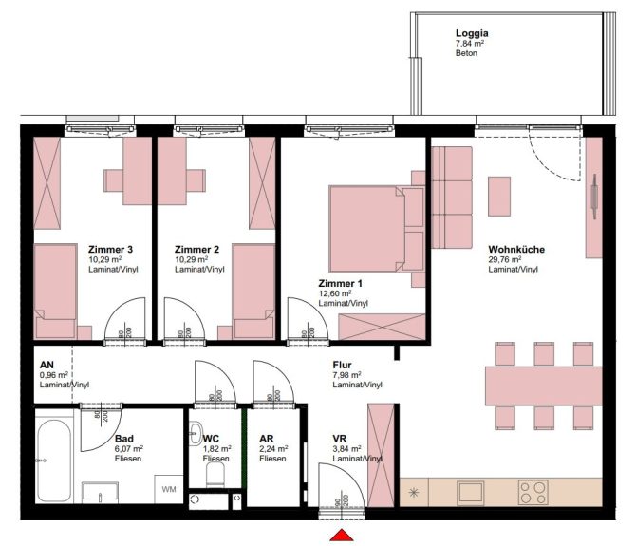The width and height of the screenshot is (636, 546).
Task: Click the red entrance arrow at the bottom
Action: click(x=340, y=537)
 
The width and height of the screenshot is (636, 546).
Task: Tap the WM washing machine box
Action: click(x=168, y=490)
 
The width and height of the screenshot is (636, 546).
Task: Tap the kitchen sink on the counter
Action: click(x=472, y=491)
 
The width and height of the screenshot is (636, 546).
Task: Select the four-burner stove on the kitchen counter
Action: click(x=533, y=491)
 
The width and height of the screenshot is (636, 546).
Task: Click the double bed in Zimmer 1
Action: click(x=367, y=228)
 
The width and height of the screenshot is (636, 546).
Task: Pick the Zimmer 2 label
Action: click(x=196, y=250)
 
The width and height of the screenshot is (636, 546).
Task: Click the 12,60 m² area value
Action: click(x=334, y=293)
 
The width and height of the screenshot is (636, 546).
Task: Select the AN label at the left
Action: click(x=46, y=364)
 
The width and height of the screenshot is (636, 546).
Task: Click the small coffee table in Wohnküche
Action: click(x=499, y=196)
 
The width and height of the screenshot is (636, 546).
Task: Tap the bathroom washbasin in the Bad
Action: click(x=101, y=491)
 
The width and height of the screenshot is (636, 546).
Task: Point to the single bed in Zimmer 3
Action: click(x=55, y=291)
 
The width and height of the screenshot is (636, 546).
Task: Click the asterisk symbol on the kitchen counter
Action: click(x=414, y=491)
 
